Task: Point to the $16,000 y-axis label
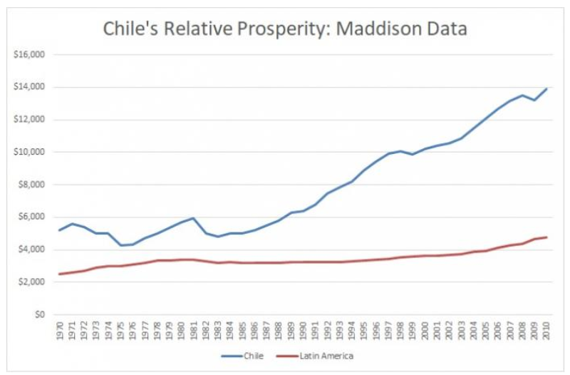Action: click(30, 54)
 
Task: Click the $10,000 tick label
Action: click(30, 152)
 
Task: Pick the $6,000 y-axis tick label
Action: click(32, 217)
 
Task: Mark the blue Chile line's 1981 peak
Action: click(194, 218)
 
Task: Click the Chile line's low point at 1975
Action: click(120, 245)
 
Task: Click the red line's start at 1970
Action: click(60, 274)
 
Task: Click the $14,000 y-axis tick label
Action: click(30, 87)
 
